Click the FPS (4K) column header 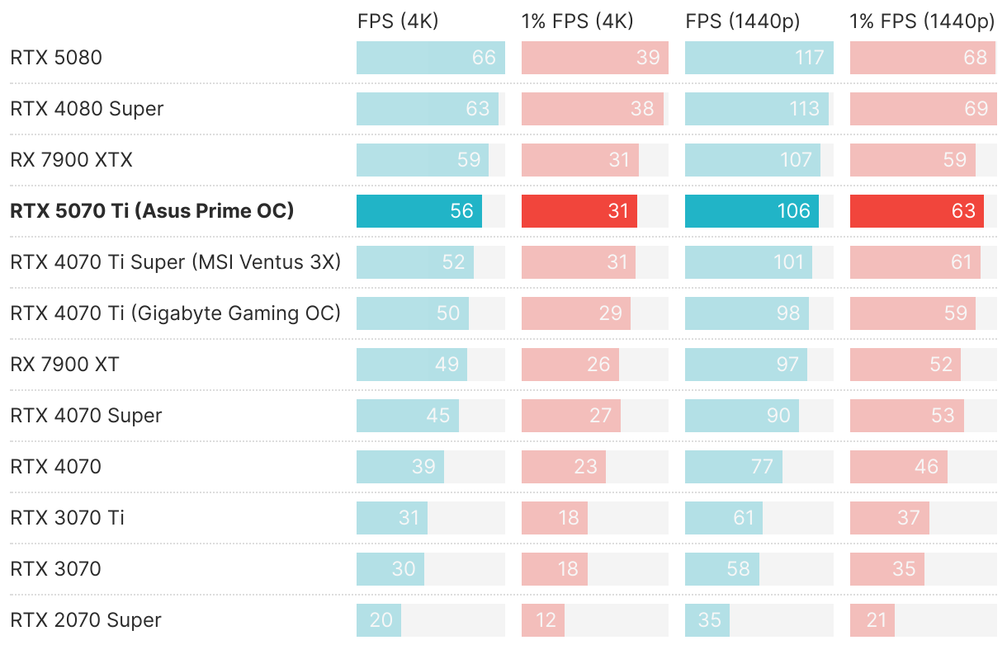coord(398,22)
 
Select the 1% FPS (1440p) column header coord(922,22)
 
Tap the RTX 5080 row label coord(56,58)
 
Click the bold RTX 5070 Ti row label coord(152,211)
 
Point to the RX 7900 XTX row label coord(71,160)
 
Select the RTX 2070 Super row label coord(86,620)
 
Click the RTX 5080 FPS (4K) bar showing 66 coord(430,58)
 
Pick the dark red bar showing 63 coord(917,211)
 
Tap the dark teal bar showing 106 coord(751,211)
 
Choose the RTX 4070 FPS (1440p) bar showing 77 coord(733,467)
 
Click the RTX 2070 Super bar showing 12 coord(543,620)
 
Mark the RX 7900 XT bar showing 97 coord(745,365)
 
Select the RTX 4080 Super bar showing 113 coord(756,109)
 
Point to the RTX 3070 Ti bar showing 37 coord(889,518)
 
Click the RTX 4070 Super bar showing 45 coord(407,416)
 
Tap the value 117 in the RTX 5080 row coord(810,58)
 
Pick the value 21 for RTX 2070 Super coord(876,620)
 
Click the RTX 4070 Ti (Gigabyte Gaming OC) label coord(175,313)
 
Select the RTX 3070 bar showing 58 coord(721,569)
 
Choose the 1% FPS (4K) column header coord(577,22)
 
